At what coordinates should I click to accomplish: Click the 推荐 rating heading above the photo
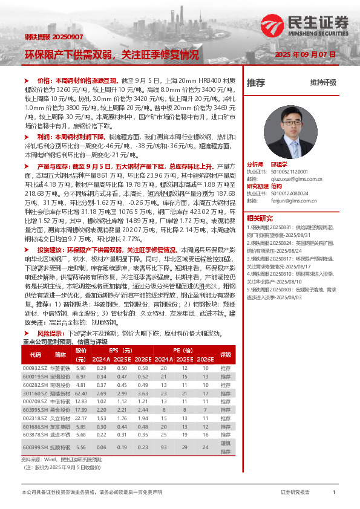256,82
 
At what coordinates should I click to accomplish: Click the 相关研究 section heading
259,219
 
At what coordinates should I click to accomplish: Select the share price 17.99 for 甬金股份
80,409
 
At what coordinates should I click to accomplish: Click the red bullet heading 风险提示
51,334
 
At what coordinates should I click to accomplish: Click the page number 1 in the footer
334,493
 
